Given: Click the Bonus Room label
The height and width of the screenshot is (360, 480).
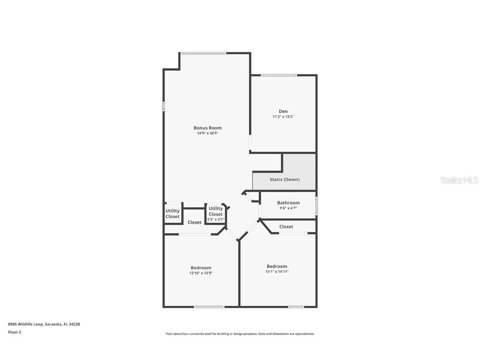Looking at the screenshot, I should (207, 128).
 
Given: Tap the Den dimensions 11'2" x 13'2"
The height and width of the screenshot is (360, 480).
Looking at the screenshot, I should (283, 117).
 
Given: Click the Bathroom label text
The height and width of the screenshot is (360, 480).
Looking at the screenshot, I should (288, 203).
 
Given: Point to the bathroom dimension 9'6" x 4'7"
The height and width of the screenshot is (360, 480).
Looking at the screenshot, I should (288, 208).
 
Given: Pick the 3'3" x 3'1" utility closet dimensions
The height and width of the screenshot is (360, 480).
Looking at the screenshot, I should (215, 220).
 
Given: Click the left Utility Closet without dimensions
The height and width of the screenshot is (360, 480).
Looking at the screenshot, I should (172, 214).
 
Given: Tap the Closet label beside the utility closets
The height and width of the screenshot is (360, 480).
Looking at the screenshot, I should (194, 222).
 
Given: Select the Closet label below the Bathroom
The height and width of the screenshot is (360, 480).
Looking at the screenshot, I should (286, 227).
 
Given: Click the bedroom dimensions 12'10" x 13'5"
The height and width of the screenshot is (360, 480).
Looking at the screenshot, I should (201, 273).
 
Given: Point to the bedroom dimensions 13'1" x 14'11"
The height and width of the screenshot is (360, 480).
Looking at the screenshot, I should (277, 272).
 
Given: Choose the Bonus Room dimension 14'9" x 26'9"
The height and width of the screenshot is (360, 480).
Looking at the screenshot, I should (207, 133).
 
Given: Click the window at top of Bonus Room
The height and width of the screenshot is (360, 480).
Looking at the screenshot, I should (203, 53).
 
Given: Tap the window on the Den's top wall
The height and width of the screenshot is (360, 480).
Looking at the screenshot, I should (279, 75).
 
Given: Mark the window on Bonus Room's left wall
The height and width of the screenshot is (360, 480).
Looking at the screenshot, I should (163, 106).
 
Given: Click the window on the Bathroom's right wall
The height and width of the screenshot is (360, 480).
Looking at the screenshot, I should (316, 205).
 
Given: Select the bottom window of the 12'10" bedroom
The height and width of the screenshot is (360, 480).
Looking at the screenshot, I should (209, 307).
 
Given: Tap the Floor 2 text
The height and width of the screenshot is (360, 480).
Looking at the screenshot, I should (14, 332).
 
